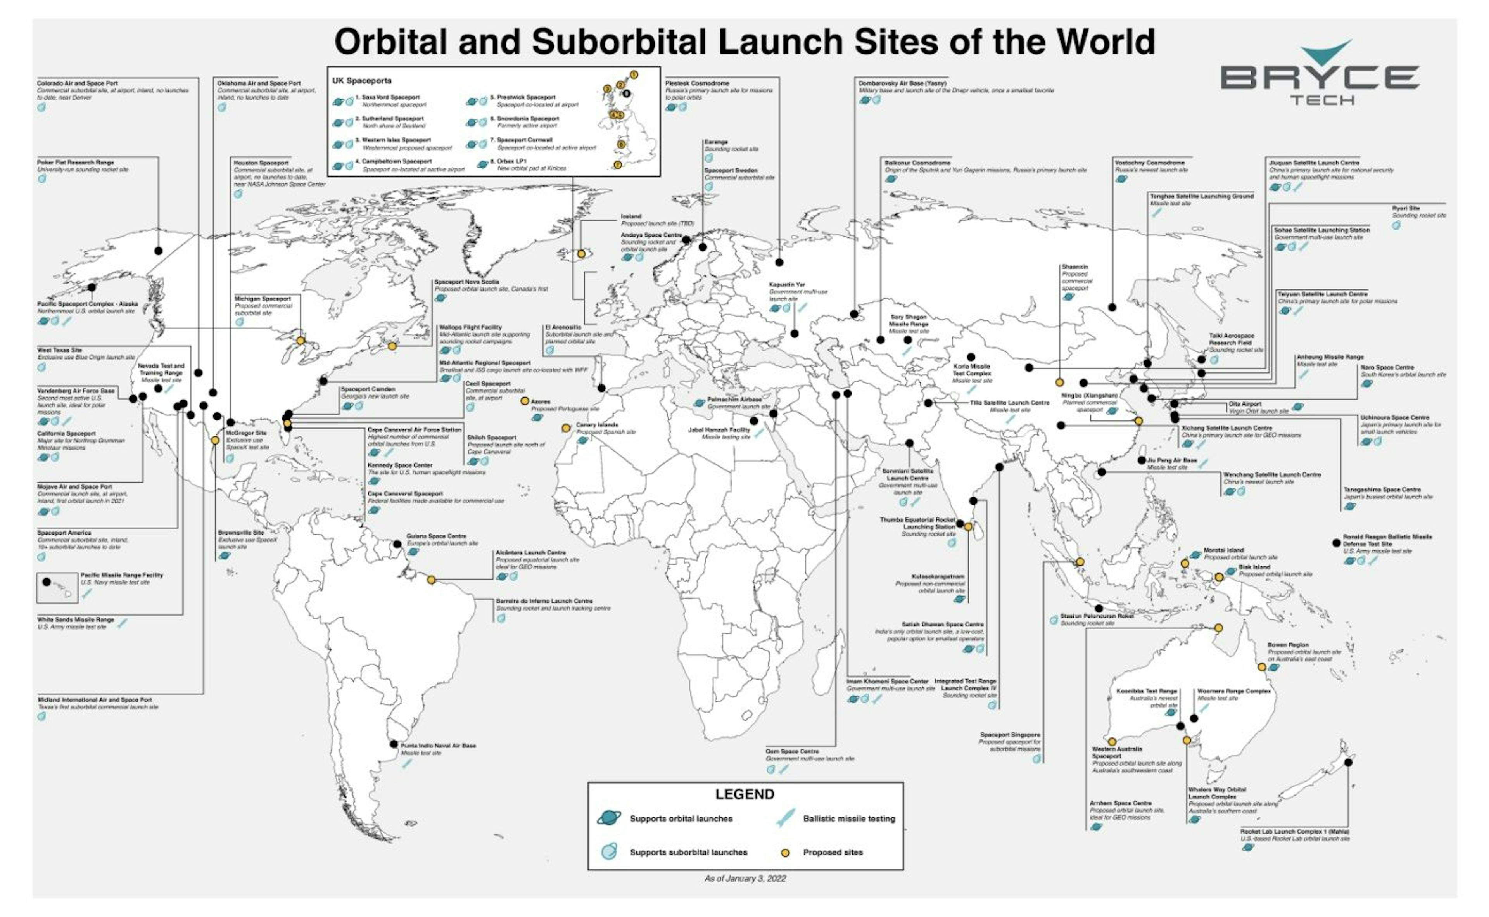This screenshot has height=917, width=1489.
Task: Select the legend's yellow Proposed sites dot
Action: (x=785, y=852)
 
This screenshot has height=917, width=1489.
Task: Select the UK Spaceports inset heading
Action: (x=361, y=81)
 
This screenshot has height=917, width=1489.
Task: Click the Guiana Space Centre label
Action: (x=436, y=536)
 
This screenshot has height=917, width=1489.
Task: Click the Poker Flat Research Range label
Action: (x=75, y=163)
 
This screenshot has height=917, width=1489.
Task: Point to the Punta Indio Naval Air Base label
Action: (x=438, y=746)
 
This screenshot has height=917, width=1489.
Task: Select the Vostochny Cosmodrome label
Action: (x=1149, y=163)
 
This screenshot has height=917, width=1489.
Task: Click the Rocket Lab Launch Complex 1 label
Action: (x=1294, y=832)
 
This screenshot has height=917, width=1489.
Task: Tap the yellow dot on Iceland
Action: (x=581, y=254)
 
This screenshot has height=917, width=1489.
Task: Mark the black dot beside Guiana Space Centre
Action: (x=397, y=544)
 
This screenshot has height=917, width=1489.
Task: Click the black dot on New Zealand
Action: (x=1348, y=762)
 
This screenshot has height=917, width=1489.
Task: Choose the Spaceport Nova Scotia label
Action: (x=466, y=282)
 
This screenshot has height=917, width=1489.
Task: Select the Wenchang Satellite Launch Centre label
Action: (x=1271, y=475)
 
